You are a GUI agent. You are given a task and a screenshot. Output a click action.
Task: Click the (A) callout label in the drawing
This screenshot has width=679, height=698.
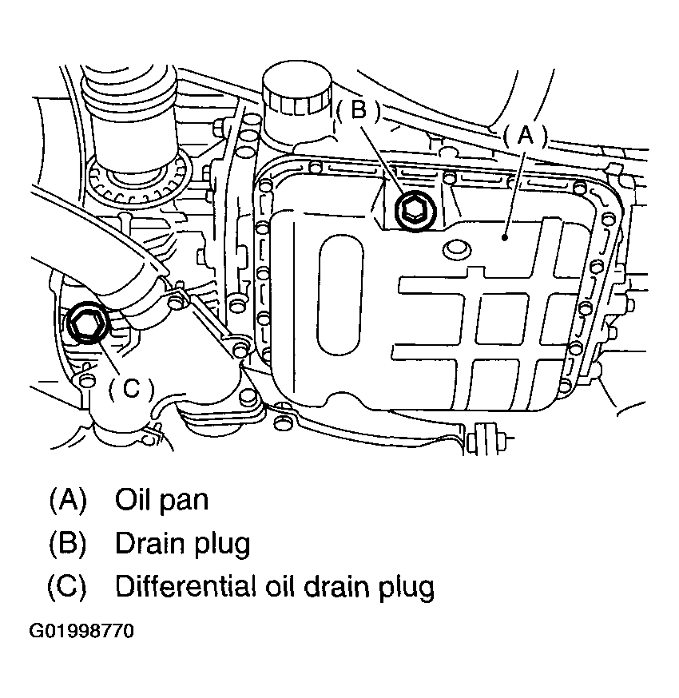(x=525, y=136)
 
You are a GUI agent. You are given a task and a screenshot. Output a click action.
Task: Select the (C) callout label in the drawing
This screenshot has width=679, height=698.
(x=130, y=388)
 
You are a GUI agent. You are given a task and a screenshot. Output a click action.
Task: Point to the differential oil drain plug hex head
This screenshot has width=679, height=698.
(x=84, y=324)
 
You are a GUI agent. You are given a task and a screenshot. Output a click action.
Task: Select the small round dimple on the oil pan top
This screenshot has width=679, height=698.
(x=457, y=251)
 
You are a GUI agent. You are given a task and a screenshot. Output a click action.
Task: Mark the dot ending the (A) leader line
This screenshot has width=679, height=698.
(x=506, y=236)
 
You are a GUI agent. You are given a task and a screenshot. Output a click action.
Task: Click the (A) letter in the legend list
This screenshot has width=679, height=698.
(x=67, y=500)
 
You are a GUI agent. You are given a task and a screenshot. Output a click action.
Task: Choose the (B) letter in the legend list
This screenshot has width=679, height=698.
(x=67, y=543)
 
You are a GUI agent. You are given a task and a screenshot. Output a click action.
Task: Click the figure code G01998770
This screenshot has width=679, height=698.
(x=82, y=632)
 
